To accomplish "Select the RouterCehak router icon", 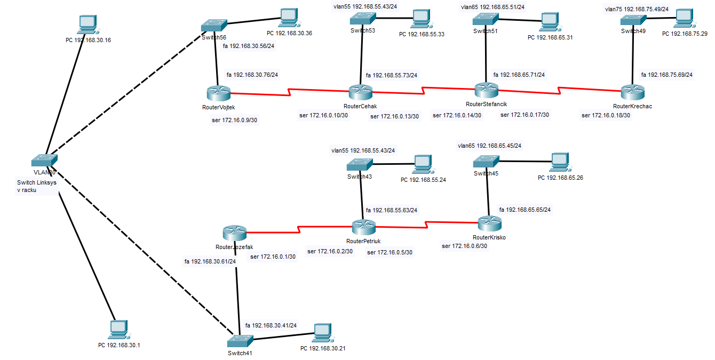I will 361,92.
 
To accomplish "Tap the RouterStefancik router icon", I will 486,90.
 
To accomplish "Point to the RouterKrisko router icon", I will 488,223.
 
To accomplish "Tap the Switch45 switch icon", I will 486,161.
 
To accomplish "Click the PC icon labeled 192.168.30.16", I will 88,23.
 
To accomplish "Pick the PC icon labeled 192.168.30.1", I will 117,330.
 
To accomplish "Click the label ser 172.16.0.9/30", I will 235,120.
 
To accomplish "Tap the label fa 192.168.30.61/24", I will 210,261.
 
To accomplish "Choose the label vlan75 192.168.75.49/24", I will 637,9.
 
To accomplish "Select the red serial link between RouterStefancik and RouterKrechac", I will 559,90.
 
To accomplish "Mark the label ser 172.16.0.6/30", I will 464,246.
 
